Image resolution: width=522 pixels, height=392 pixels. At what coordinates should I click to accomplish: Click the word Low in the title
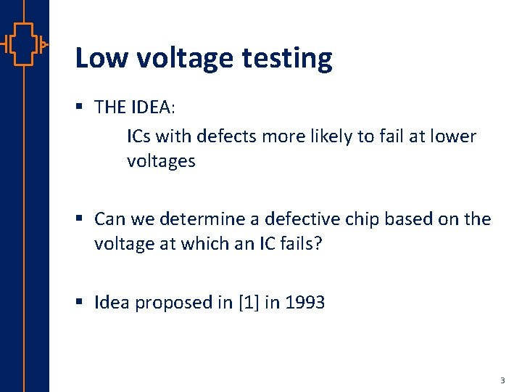click(98, 57)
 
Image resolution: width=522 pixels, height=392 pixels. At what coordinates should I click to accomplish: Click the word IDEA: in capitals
click(152, 107)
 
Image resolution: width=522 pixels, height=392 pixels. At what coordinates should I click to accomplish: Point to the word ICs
click(139, 136)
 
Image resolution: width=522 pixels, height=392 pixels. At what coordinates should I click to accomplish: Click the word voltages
click(161, 161)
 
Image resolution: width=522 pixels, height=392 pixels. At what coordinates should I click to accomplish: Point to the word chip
click(365, 219)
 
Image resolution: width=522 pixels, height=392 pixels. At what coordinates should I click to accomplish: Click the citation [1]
click(247, 302)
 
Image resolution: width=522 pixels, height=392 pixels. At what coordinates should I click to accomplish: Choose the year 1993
click(304, 302)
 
